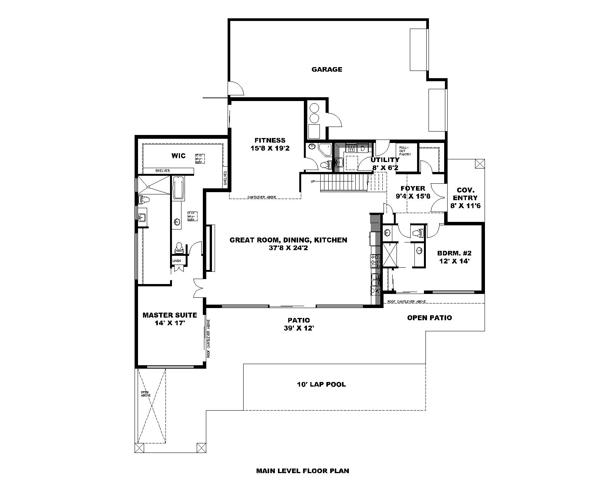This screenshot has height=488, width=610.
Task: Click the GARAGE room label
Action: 327,69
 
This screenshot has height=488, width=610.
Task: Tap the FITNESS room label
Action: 270,140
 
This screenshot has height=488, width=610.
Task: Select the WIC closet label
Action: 178,156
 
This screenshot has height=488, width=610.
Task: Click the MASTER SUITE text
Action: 170,315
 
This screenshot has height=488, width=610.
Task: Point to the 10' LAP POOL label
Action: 321,384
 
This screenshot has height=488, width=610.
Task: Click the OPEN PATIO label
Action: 429,318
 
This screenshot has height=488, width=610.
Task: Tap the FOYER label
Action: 413,188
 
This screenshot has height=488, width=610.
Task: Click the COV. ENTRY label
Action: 465,194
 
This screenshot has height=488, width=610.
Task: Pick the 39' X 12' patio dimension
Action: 299,328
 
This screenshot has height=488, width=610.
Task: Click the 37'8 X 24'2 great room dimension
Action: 288,248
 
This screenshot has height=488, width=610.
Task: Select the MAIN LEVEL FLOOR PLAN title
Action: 302,470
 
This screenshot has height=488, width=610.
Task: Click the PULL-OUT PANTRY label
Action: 405,151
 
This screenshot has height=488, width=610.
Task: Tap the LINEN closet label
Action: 177,261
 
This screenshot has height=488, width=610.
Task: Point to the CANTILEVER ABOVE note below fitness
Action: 262,197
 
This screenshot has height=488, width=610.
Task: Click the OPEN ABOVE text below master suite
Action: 146,394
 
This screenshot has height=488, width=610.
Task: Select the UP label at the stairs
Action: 313,181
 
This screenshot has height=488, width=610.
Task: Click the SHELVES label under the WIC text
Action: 162,170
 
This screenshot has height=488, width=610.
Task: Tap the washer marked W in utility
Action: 352,148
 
